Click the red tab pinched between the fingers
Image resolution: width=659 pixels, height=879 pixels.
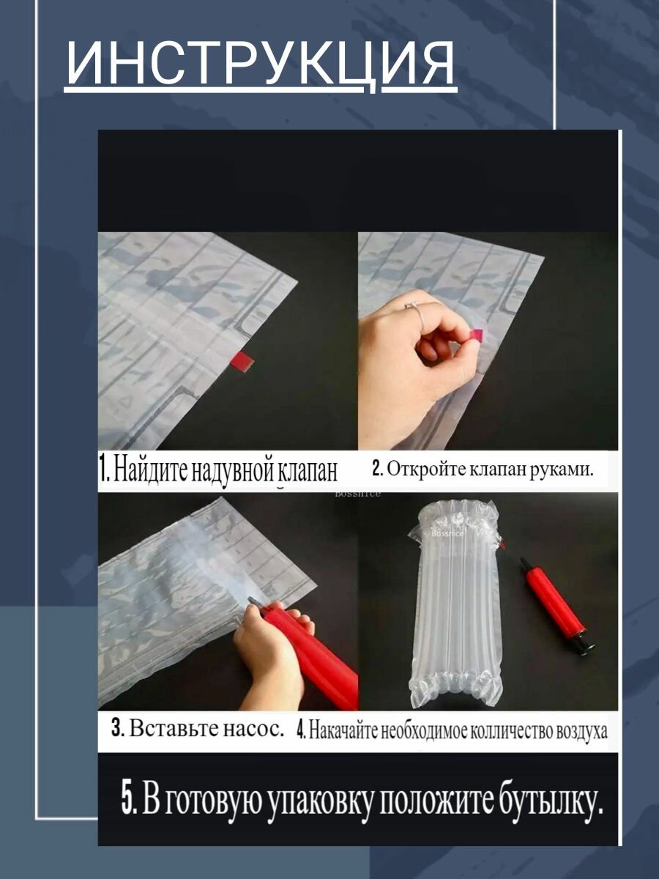click(x=475, y=334)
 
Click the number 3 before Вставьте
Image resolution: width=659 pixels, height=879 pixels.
click(x=117, y=728)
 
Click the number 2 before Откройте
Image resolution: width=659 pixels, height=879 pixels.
click(x=377, y=469)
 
